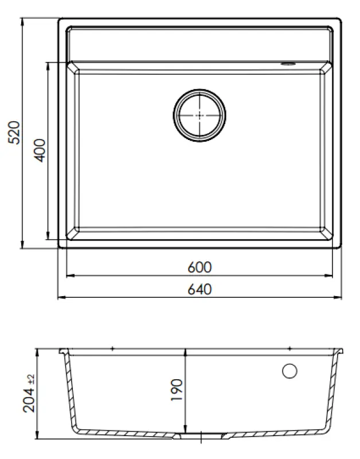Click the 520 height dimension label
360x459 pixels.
[15, 133]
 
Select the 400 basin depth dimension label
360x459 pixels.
[39, 150]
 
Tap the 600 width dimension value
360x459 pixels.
[199, 267]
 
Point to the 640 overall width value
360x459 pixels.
[199, 289]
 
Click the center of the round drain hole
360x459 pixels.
[199, 114]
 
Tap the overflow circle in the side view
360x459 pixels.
[290, 371]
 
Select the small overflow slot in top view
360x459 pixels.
[287, 63]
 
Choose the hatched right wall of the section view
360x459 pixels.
[331, 396]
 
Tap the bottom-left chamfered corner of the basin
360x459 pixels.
[73, 234]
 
